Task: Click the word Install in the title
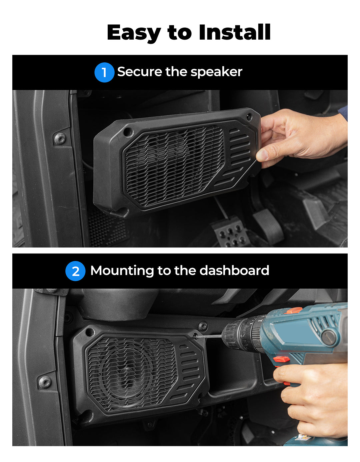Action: (235, 32)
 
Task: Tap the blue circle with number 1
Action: (104, 72)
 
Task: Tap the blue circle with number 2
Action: (75, 271)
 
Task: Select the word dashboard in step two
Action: (234, 270)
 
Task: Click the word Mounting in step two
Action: (122, 271)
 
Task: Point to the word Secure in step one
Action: (140, 72)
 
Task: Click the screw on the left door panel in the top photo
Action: (60, 139)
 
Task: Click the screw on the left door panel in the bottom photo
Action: (45, 382)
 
